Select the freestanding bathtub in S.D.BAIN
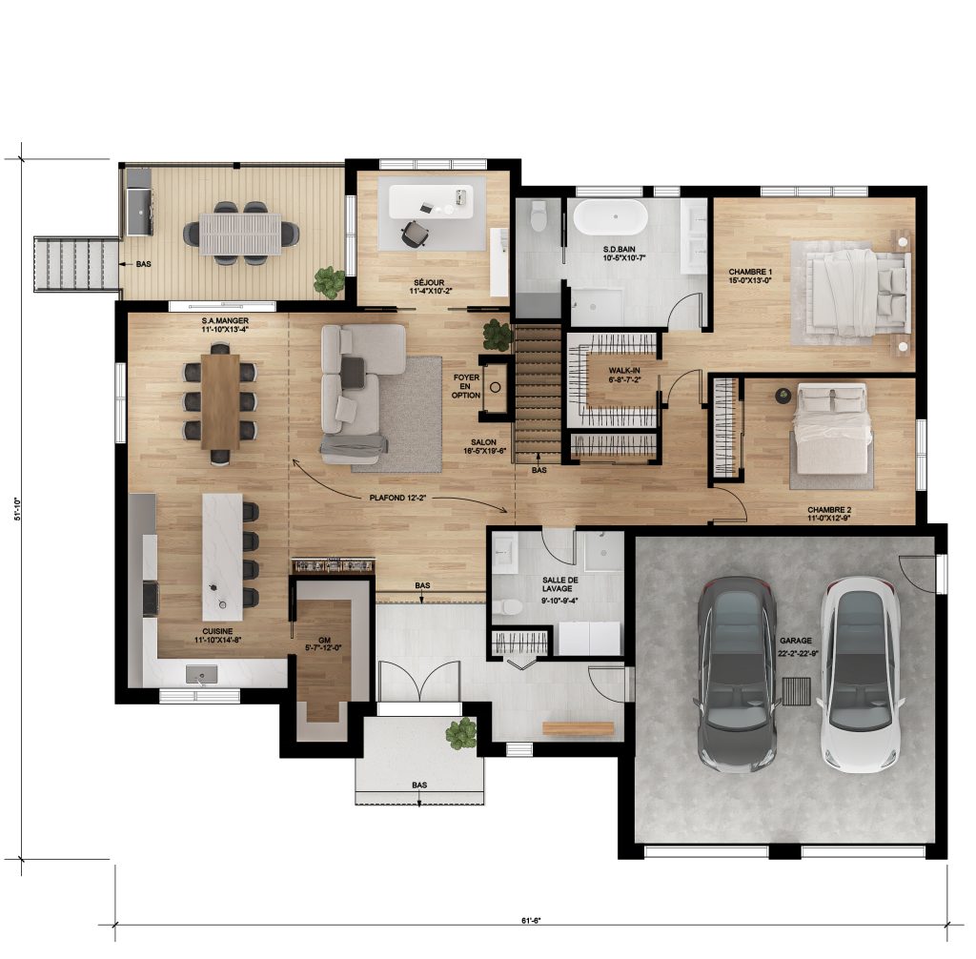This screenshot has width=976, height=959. tap(610, 217)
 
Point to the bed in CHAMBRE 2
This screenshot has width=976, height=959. tap(832, 428)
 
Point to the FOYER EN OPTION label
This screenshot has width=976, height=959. tap(466, 387)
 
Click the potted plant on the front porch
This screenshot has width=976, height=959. tap(461, 734)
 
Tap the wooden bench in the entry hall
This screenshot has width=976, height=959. tap(578, 728)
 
